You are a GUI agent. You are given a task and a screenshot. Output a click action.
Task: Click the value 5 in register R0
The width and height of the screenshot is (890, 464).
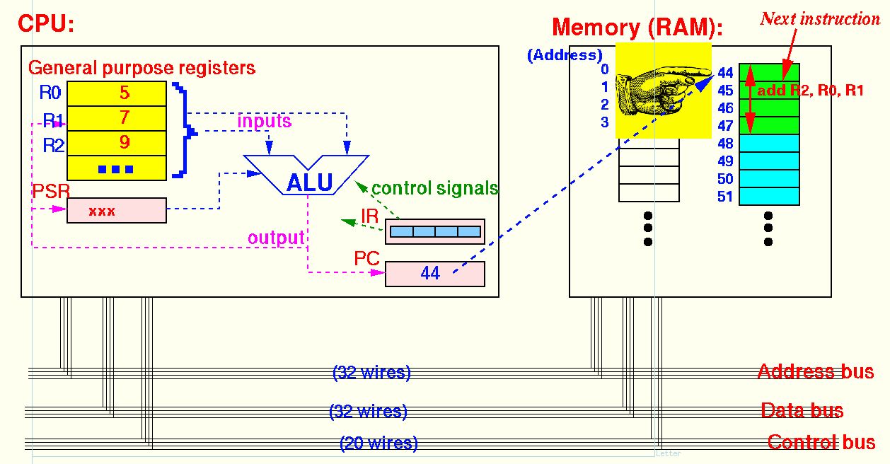pos(124,93)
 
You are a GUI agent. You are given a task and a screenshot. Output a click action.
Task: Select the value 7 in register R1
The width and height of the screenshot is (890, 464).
pos(124,117)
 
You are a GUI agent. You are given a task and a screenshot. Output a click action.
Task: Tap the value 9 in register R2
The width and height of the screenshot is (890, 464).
pos(124,142)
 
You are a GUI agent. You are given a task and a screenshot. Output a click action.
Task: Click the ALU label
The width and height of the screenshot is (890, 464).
pos(309,182)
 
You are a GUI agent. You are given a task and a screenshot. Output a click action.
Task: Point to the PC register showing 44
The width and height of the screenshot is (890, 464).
pos(434,274)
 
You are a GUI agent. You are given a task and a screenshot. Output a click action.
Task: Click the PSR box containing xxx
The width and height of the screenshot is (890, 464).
pos(117,211)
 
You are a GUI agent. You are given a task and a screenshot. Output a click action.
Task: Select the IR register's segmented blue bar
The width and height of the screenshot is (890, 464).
pos(435,231)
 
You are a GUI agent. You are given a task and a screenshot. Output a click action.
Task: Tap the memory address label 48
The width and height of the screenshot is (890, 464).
pos(725,144)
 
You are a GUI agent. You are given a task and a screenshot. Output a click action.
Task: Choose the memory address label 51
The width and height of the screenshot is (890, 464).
pos(725,197)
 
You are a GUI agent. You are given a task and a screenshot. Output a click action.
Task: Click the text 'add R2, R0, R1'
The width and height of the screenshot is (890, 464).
pos(810,91)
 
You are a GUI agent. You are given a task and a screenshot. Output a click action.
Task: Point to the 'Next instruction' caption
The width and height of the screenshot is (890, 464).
pos(820,18)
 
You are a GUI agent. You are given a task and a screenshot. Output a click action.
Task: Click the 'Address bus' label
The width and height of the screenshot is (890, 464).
pos(815,371)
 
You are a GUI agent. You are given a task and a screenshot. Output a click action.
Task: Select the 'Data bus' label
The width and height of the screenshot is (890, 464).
pos(802,410)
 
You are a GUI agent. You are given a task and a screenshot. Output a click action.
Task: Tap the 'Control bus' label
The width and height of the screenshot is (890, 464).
pos(821,443)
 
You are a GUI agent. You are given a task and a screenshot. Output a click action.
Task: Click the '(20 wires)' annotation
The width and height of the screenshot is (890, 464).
pos(378,443)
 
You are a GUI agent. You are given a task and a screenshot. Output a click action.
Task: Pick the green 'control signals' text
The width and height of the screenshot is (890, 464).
pos(434,188)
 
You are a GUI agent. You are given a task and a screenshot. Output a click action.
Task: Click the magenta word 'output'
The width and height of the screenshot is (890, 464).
pos(275,238)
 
